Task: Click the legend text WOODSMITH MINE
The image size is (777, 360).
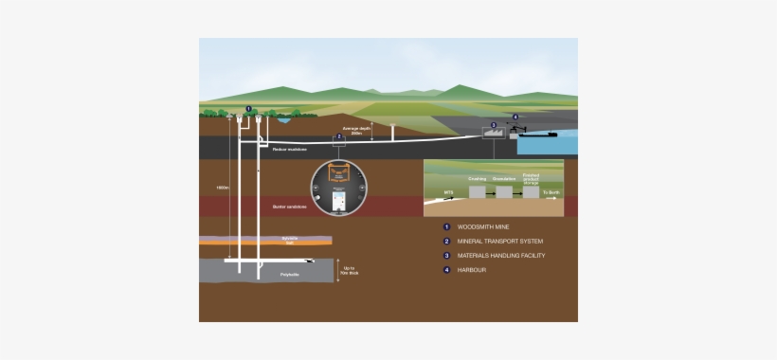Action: pos(484,227)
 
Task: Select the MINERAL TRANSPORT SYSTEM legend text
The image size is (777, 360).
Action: pos(500,242)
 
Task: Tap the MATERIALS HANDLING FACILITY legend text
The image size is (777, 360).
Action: pos(501,256)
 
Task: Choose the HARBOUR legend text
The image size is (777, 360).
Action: pos(473,270)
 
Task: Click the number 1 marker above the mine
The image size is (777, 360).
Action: pos(248,109)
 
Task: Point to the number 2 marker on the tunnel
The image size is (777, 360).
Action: pos(339,136)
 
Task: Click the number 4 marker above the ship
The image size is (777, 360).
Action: pos(515,117)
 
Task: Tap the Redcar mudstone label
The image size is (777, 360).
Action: pos(287,149)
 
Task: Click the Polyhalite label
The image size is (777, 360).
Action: pos(289,274)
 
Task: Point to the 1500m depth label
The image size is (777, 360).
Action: pos(222,188)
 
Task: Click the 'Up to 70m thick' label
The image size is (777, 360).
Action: pos(348,271)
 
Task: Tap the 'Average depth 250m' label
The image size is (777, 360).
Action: pos(356,129)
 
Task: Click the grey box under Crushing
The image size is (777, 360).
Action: pos(477,191)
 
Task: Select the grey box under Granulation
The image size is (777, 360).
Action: pos(504,191)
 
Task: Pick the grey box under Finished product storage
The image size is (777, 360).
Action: pos(531,191)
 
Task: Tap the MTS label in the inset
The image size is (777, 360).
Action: pos(449,192)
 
